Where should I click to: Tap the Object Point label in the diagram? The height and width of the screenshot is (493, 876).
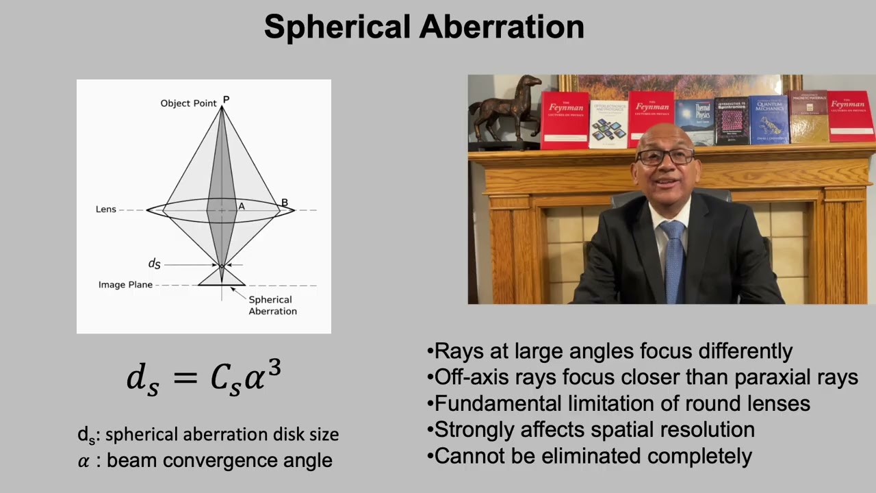[188, 103]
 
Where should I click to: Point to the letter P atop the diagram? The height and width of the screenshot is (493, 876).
[226, 100]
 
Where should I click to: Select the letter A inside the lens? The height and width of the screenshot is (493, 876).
[241, 206]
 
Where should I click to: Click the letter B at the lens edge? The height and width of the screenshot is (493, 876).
[285, 203]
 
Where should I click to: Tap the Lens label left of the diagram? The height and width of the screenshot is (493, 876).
[106, 209]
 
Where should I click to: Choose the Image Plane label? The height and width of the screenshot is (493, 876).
[125, 285]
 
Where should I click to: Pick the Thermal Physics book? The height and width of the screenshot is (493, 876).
[694, 122]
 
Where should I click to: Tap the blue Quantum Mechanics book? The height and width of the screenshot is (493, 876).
[769, 120]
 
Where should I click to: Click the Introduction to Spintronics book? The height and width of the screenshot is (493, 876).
[731, 121]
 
